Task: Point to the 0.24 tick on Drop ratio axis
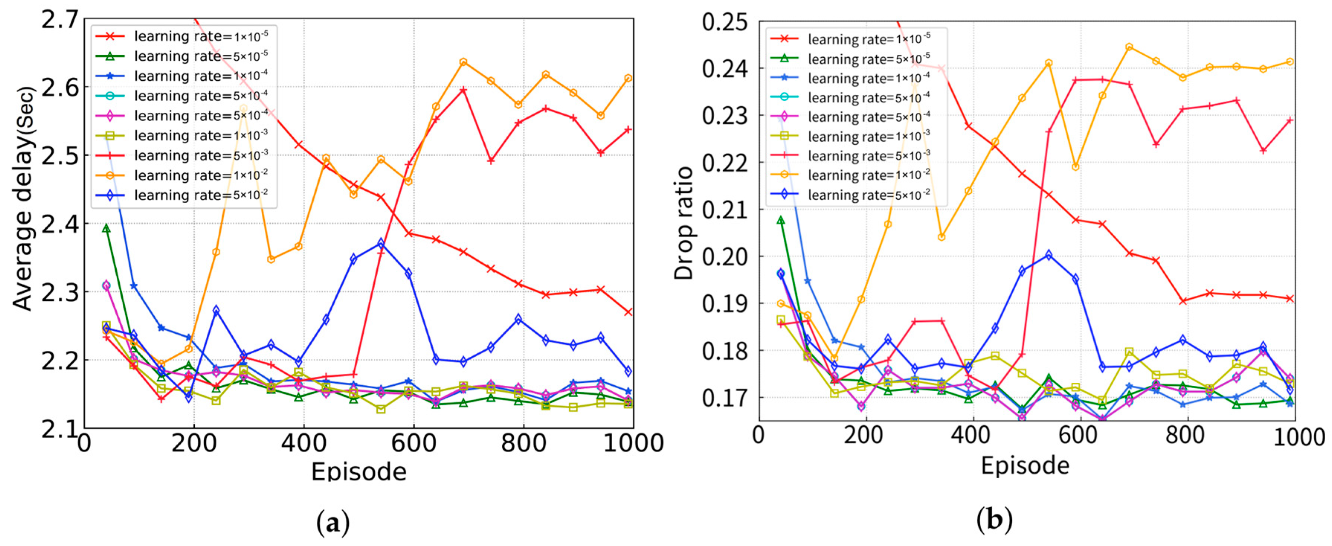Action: (x=725, y=69)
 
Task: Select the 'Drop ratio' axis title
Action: (x=684, y=224)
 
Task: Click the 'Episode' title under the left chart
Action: (x=358, y=471)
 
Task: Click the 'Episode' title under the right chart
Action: (x=1025, y=465)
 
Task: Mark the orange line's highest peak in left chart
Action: (x=463, y=62)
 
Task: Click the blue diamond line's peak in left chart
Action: (x=381, y=243)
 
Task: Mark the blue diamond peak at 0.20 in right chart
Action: (x=1049, y=255)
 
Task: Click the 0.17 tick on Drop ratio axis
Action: (x=725, y=398)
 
